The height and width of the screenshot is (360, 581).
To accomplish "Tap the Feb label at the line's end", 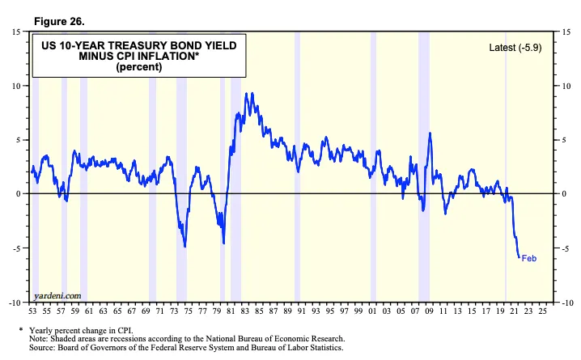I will (x=529, y=258).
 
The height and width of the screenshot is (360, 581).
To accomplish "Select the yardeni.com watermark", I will (x=58, y=295).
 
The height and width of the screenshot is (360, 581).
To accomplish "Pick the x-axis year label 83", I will (x=253, y=311).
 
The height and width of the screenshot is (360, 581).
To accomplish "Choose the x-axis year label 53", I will (x=33, y=311).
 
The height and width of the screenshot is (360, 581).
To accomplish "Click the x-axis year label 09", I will (x=430, y=311).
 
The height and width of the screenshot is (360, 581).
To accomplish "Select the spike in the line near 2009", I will (x=430, y=133).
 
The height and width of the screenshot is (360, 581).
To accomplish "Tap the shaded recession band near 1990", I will (x=297, y=162).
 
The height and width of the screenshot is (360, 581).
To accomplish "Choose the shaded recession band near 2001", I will (x=373, y=162).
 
